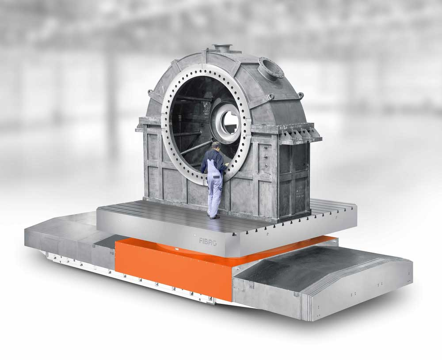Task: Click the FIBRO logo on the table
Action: pos(208,242)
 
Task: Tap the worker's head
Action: pos(216,145)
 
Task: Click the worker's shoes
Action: pos(214,216)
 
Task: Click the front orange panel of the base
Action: pos(173,268)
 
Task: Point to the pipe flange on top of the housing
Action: pos(222,47)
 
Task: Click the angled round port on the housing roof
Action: pos(271,67)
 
